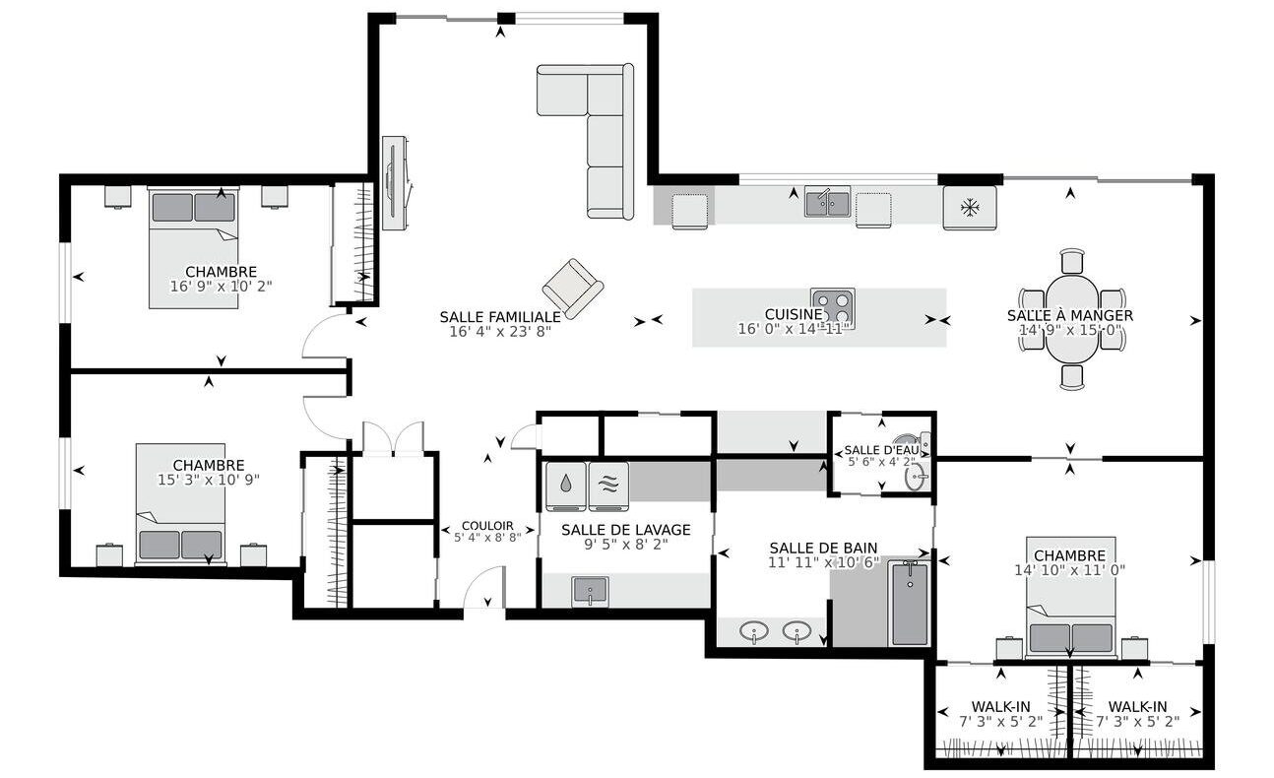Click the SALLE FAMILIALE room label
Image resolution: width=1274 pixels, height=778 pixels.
click(500, 317)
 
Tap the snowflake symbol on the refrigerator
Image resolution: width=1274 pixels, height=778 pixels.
click(969, 207)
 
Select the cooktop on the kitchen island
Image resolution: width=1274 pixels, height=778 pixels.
click(833, 307)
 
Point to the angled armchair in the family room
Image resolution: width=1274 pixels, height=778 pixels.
click(573, 289)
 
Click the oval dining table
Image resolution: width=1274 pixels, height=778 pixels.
click(1071, 318)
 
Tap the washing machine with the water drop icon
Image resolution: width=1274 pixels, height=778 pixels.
click(565, 486)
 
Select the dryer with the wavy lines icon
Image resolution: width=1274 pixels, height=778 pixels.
click(608, 486)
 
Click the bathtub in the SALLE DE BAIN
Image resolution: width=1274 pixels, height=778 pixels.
click(909, 603)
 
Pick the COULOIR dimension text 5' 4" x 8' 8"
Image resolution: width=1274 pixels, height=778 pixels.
click(487, 537)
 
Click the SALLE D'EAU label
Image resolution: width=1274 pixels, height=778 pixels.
click(881, 450)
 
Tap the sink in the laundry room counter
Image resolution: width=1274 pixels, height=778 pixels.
click(590, 592)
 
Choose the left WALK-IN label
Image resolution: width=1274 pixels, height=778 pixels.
click(1000, 707)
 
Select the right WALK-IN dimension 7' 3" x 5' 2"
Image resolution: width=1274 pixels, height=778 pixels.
click(1138, 722)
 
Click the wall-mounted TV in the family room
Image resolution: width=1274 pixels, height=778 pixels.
click(394, 183)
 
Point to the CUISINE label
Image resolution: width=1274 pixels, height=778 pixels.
click(794, 314)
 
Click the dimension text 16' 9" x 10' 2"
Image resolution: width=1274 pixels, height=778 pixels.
click(222, 286)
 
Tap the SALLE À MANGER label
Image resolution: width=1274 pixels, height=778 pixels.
click(1070, 316)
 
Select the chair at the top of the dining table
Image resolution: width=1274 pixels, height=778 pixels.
click(1072, 262)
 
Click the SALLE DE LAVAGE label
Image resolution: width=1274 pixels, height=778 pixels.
click(625, 530)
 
